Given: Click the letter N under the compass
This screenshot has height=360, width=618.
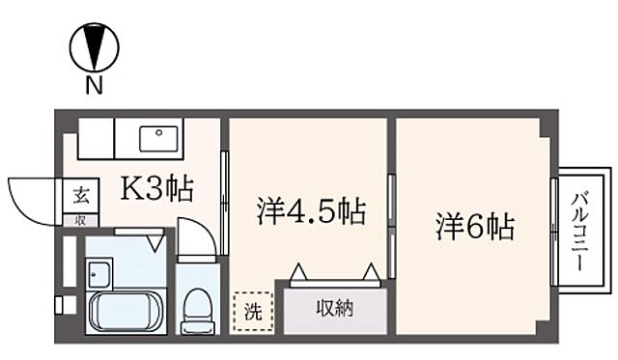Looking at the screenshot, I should pyautogui.click(x=94, y=86).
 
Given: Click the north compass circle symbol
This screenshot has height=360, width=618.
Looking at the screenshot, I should pyautogui.click(x=94, y=46).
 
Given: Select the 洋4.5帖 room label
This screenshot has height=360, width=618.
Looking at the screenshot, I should pyautogui.click(x=311, y=211).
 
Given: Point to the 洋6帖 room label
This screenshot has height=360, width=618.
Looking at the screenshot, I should pyautogui.click(x=474, y=228).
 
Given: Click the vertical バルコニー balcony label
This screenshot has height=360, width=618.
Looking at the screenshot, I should pyautogui.click(x=579, y=231).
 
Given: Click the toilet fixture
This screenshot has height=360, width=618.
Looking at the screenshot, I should pyautogui.click(x=199, y=308).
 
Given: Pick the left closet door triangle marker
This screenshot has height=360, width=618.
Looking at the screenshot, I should pyautogui.click(x=298, y=272).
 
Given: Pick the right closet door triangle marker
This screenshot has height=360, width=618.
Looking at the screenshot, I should pyautogui.click(x=372, y=272).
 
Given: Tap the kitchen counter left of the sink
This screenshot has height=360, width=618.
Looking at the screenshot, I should pyautogui.click(x=97, y=139).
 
